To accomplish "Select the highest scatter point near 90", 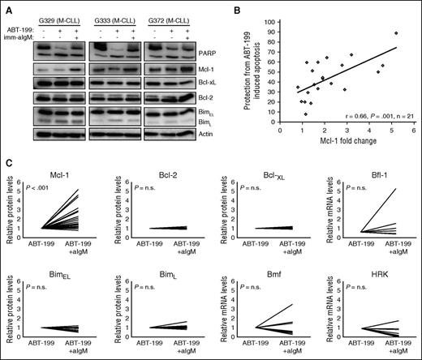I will click(396, 33).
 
